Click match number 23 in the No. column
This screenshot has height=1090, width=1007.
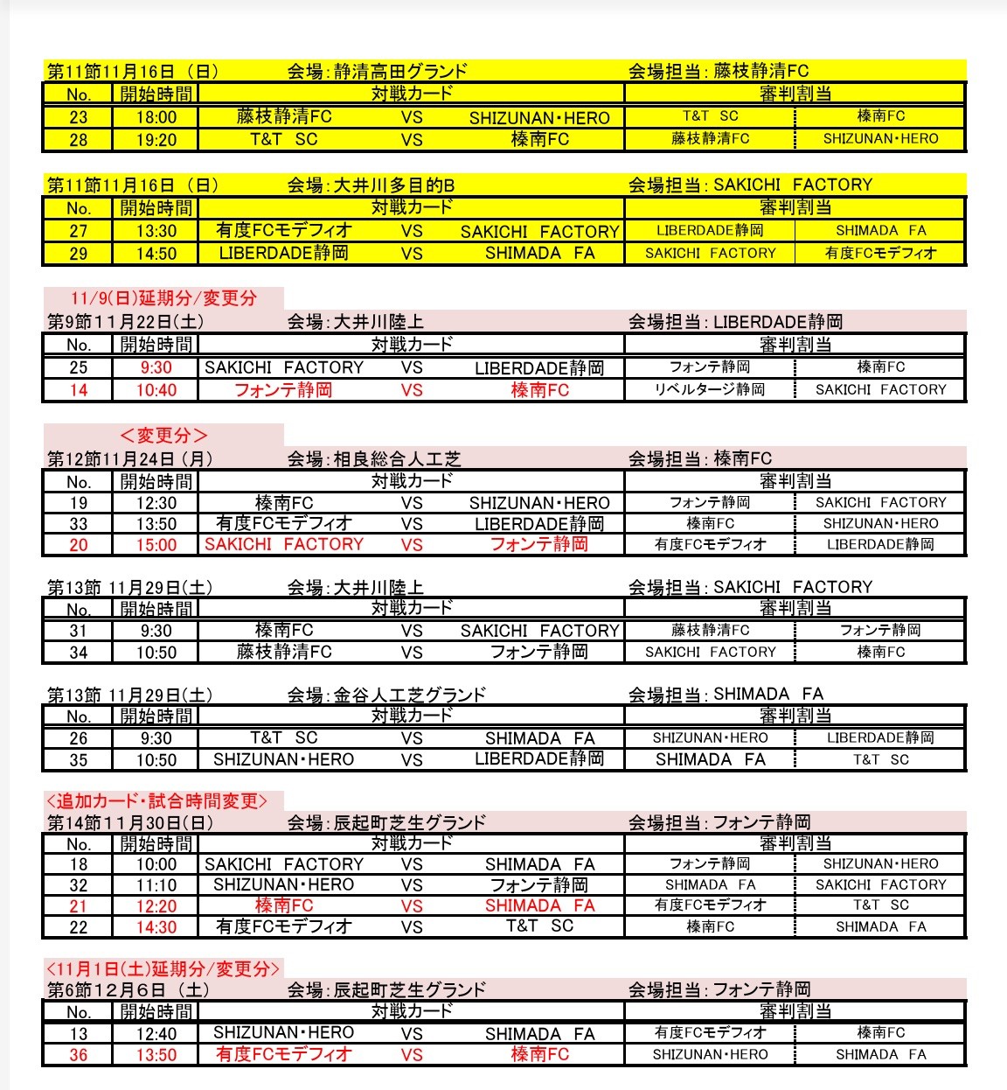[78, 117]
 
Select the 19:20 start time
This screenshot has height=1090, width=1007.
[156, 140]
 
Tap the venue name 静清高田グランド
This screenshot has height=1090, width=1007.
[400, 72]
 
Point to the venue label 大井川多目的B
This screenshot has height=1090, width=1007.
[394, 185]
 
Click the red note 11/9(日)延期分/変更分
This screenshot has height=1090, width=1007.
[163, 298]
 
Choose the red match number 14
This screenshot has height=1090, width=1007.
[78, 390]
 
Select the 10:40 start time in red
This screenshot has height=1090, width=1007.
[156, 390]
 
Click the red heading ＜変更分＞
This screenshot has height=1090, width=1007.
[163, 436]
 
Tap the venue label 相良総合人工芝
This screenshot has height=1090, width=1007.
[397, 458]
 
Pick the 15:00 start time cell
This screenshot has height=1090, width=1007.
[156, 545]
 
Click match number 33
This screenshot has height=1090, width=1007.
[78, 524]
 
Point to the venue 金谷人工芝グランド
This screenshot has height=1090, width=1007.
[409, 695]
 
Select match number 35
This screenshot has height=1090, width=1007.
[78, 760]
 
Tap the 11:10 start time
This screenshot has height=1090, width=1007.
[156, 885]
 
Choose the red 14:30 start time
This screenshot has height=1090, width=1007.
[156, 927]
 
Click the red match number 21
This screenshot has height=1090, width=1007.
[78, 906]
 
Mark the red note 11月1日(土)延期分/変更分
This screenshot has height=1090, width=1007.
[163, 968]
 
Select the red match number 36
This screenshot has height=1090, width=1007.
[78, 1055]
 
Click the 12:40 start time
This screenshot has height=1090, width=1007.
[156, 1034]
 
